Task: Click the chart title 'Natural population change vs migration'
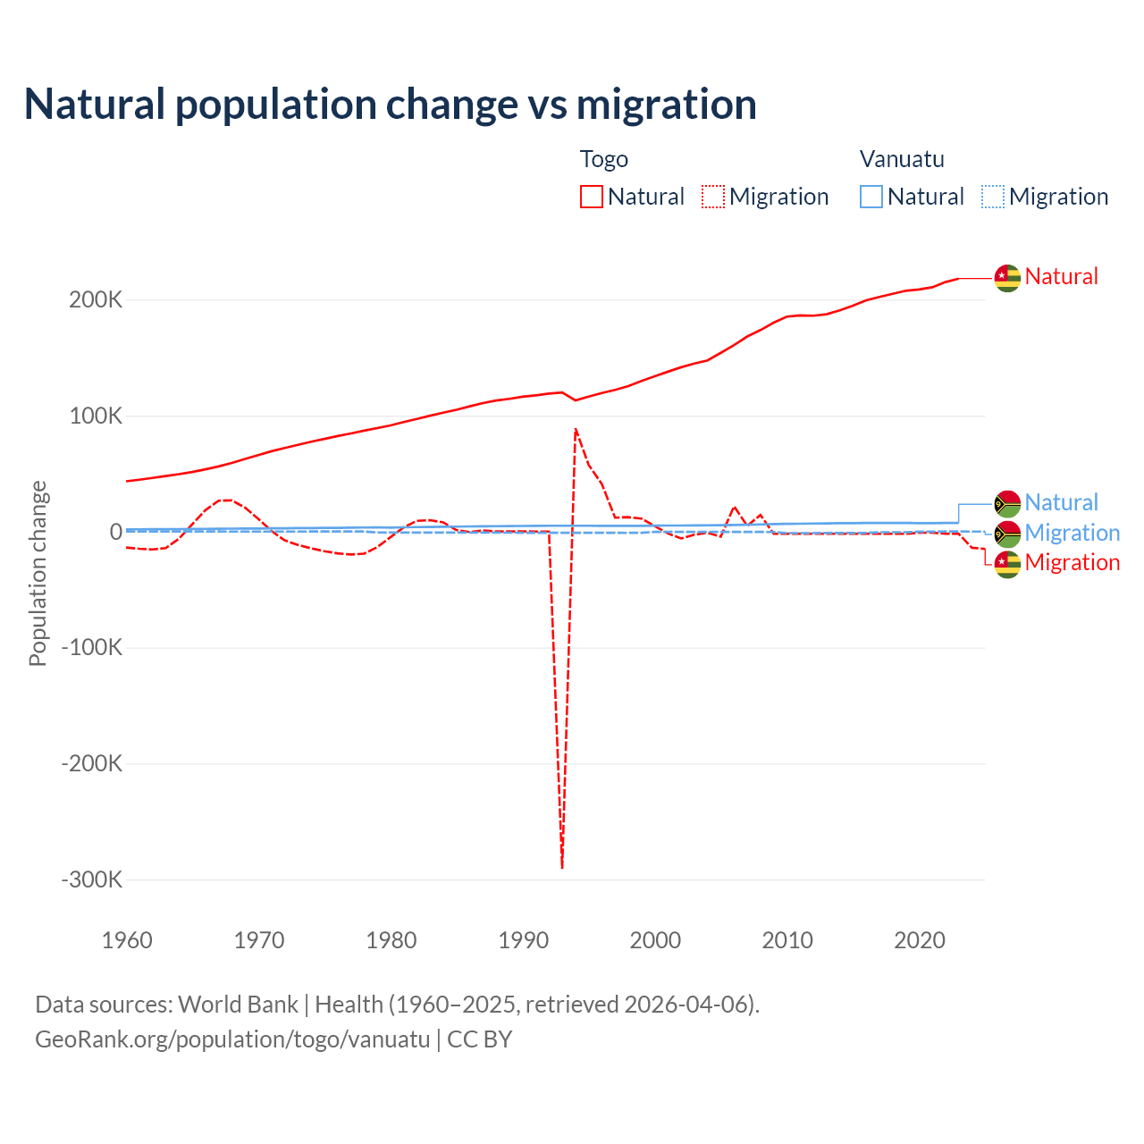tap(391, 105)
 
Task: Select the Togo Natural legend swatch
tap(592, 197)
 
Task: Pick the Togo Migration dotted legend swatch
tap(713, 197)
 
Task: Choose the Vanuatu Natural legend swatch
tap(871, 197)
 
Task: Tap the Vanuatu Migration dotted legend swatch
tap(993, 197)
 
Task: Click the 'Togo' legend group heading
tap(604, 159)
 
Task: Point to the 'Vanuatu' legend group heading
tap(902, 159)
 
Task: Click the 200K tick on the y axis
tap(96, 300)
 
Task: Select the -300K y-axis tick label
tap(91, 879)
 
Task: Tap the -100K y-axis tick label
tap(91, 648)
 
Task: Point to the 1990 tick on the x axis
tap(524, 940)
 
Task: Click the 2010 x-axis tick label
tap(787, 940)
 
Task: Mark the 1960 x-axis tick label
tap(128, 940)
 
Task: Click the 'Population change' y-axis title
tap(38, 574)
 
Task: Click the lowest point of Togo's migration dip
tap(562, 867)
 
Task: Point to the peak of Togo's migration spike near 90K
tap(576, 429)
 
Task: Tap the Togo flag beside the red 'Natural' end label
tap(1007, 278)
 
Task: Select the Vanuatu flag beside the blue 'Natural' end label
tap(1007, 504)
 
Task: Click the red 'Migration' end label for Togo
tap(1072, 562)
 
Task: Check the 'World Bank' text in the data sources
tap(238, 1005)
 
